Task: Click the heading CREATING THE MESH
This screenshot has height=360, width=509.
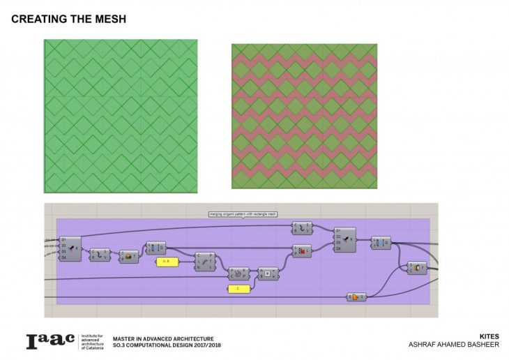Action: pyautogui.click(x=69, y=20)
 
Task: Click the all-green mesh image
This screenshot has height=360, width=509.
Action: pyautogui.click(x=121, y=116)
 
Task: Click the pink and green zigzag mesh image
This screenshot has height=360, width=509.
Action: pyautogui.click(x=304, y=116)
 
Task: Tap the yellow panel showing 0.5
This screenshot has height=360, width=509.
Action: pyautogui.click(x=167, y=262)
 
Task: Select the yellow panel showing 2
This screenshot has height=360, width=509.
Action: pyautogui.click(x=238, y=287)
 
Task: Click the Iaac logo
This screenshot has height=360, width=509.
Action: pyautogui.click(x=51, y=341)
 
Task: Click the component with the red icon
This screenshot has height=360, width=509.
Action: pyautogui.click(x=302, y=251)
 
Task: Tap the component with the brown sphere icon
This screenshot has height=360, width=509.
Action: pyautogui.click(x=128, y=257)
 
